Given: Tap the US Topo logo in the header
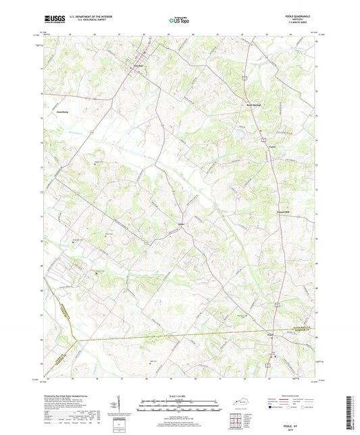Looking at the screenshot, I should click(x=179, y=21).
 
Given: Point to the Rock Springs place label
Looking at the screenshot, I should click(x=252, y=105).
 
